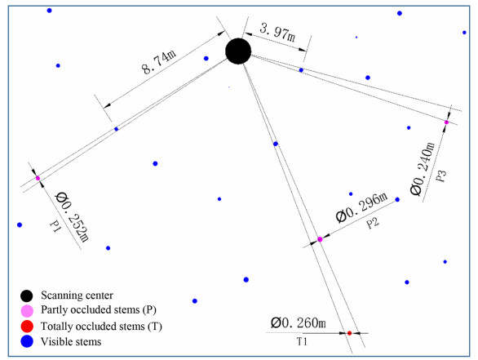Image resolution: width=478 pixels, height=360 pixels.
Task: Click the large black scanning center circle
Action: pos(238,51)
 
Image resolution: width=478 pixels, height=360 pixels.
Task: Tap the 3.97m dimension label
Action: pos(277,33)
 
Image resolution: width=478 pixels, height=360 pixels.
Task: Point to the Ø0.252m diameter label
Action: pos(72,217)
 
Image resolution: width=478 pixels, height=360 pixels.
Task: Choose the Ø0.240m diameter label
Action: pos(423,168)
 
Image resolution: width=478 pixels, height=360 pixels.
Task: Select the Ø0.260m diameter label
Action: pos(299,322)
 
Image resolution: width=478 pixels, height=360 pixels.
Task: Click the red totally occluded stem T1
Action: pos(349,333)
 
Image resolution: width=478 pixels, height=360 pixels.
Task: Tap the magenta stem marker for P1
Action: pos(38,178)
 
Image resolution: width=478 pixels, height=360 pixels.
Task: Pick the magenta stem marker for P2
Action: pos(320,239)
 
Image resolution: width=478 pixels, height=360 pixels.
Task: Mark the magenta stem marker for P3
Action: pos(447,122)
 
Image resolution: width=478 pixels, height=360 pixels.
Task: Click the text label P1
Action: pos(55,227)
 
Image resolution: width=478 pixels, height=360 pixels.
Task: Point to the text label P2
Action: pos(373,223)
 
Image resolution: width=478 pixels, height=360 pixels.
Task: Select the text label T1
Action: pos(302,342)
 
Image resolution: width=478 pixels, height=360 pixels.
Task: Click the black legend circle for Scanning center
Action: pos(27,296)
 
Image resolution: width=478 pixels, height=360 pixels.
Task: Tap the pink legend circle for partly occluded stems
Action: pos(27,311)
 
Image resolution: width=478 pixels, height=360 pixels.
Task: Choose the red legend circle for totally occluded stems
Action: pos(27,327)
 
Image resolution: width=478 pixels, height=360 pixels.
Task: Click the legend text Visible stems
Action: pos(71,342)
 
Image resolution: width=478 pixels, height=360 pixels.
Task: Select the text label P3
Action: pos(441,176)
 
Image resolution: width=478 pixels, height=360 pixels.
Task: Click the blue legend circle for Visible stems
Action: pos(27,341)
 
